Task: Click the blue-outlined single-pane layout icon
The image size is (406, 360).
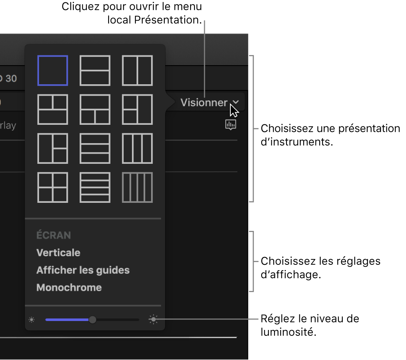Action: pyautogui.click(x=53, y=71)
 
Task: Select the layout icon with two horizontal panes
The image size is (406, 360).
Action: pyautogui.click(x=95, y=71)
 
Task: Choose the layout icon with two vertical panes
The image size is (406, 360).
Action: pyautogui.click(x=137, y=71)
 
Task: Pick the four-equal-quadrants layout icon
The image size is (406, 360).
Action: pyautogui.click(x=53, y=188)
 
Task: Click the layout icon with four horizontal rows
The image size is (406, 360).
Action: pyautogui.click(x=95, y=188)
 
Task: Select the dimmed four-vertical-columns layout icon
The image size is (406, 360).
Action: pyautogui.click(x=137, y=188)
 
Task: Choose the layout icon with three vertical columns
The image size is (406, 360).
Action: pyautogui.click(x=137, y=149)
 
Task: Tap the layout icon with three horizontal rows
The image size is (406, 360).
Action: pyautogui.click(x=95, y=149)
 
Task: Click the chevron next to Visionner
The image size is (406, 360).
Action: pyautogui.click(x=235, y=102)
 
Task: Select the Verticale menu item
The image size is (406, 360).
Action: pyautogui.click(x=58, y=253)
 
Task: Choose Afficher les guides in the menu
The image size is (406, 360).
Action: pyautogui.click(x=83, y=270)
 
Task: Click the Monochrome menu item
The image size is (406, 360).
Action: pyautogui.click(x=69, y=288)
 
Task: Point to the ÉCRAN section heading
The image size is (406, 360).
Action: pyautogui.click(x=53, y=235)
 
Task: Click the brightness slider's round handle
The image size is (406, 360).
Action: pyautogui.click(x=92, y=320)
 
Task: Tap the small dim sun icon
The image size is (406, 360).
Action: pyautogui.click(x=32, y=320)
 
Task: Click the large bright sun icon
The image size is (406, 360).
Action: pyautogui.click(x=154, y=320)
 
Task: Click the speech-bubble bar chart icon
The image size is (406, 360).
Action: pyautogui.click(x=231, y=124)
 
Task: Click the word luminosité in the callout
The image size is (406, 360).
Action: pyautogui.click(x=287, y=332)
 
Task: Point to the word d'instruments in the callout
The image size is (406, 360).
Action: pyautogui.click(x=296, y=142)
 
